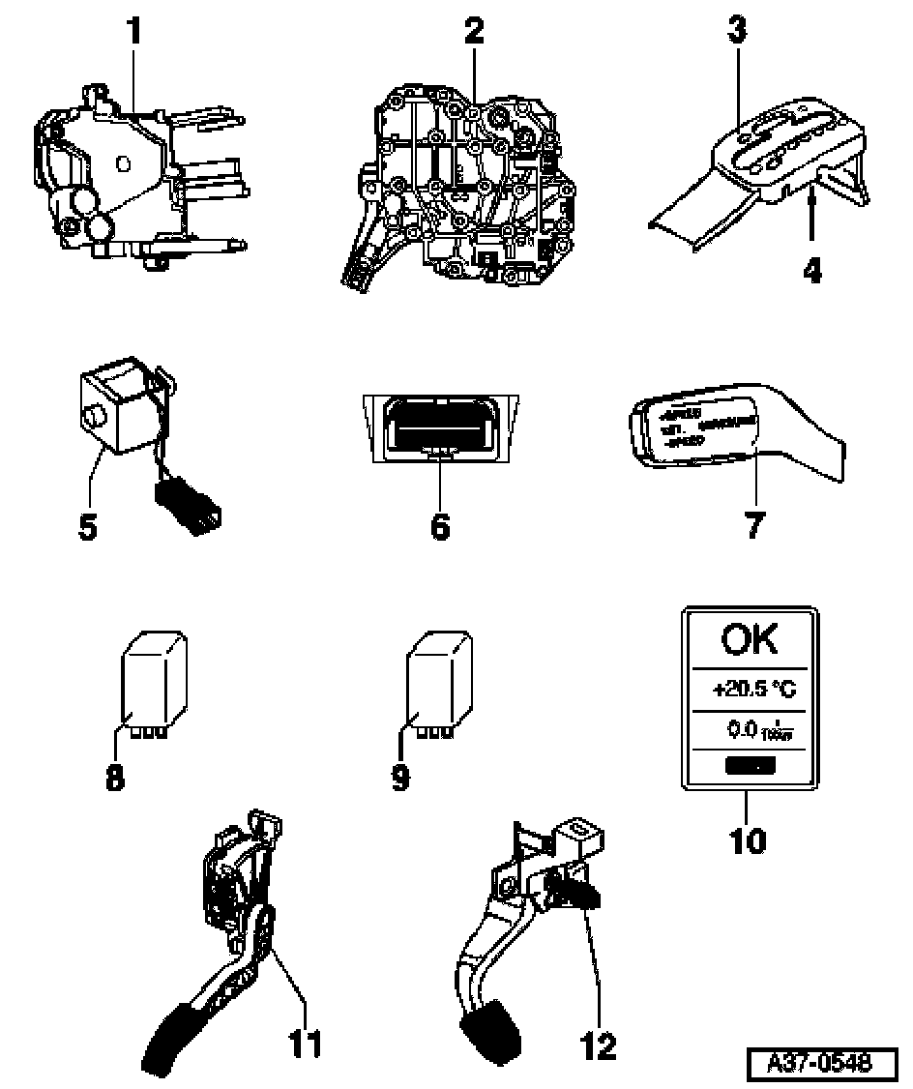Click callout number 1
click(x=134, y=31)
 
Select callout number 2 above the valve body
click(x=473, y=31)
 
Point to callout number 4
click(x=812, y=268)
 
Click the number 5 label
click(x=89, y=529)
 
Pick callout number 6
click(x=440, y=527)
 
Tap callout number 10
click(x=748, y=839)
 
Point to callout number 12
click(x=599, y=1044)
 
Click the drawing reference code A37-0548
click(x=817, y=1063)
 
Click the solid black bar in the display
click(x=747, y=767)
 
